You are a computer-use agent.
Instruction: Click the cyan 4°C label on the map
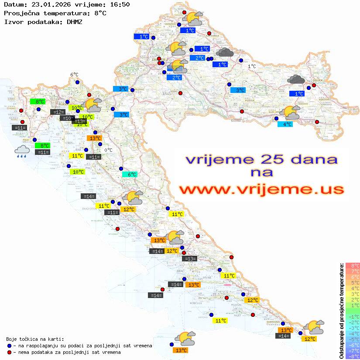click(285, 124)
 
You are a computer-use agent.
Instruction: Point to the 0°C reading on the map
click(108, 150)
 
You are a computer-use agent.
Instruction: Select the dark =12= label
click(58, 112)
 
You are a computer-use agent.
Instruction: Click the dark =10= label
click(67, 118)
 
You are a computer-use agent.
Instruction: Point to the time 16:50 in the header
click(117, 4)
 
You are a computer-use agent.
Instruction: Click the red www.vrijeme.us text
click(261, 189)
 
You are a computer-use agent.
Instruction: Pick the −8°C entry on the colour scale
click(352, 356)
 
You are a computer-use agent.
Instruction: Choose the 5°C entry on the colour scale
click(352, 282)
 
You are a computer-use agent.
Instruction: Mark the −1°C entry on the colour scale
click(352, 316)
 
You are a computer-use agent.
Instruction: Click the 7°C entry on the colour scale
click(352, 271)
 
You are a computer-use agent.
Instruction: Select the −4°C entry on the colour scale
click(352, 333)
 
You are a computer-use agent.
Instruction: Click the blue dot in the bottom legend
click(9, 346)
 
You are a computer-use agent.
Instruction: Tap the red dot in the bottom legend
click(9, 352)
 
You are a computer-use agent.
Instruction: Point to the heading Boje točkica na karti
click(35, 339)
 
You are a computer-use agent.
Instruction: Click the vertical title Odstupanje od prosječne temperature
click(341, 311)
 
